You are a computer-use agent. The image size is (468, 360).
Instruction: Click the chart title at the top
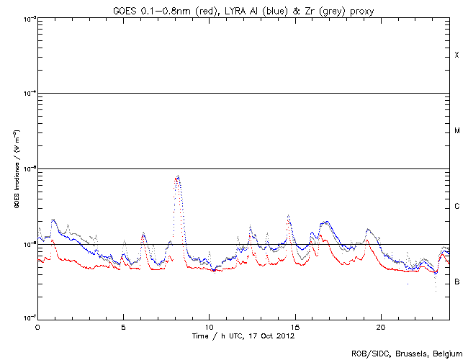(243, 9)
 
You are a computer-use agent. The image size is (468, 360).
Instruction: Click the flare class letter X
(456, 55)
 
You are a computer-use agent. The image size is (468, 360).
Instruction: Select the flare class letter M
(456, 131)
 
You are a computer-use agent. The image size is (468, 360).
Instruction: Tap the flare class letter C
(456, 207)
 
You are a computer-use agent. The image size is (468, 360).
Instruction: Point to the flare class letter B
(456, 282)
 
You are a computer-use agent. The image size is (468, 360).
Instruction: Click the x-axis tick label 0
(37, 326)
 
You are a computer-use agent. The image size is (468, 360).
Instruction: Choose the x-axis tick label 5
(123, 326)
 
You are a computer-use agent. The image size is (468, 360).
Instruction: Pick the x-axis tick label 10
(209, 326)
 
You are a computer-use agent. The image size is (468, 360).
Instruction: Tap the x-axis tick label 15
(294, 326)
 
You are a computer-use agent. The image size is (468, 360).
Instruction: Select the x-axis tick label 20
(380, 326)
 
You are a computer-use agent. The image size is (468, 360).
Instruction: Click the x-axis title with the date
(243, 336)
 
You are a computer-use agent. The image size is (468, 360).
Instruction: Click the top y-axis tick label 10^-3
(27, 18)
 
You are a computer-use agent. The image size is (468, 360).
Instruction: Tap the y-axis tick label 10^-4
(27, 93)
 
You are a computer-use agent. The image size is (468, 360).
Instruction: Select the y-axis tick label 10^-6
(27, 243)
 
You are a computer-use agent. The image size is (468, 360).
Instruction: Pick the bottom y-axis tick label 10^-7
(27, 318)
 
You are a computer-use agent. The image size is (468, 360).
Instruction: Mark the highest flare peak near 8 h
(177, 176)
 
